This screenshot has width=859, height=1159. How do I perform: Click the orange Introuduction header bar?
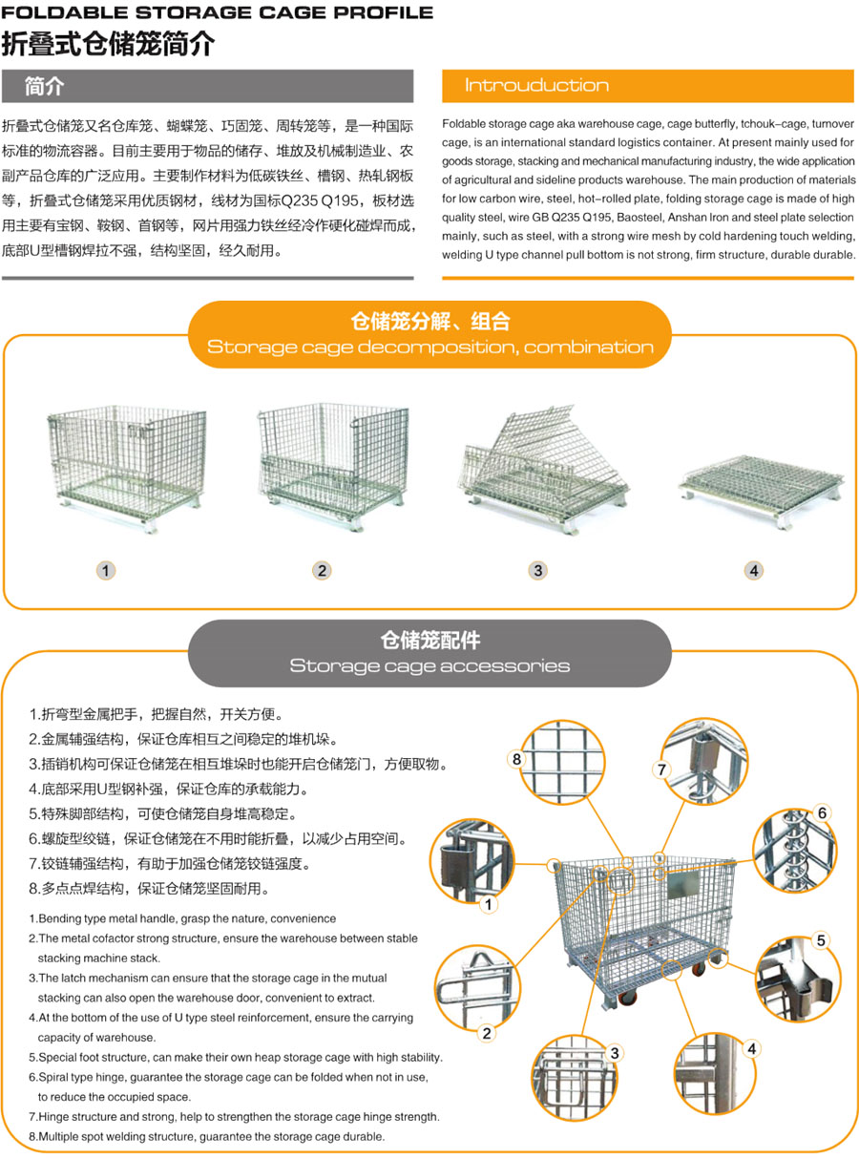pyautogui.click(x=647, y=86)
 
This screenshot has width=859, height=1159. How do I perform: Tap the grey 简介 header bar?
pyautogui.click(x=207, y=86)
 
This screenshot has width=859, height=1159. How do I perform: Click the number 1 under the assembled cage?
pyautogui.click(x=106, y=570)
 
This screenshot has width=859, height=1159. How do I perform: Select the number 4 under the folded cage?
pyautogui.click(x=753, y=570)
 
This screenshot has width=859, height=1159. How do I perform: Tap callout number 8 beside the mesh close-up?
pyautogui.click(x=516, y=759)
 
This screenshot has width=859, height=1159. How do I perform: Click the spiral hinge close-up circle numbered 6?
pyautogui.click(x=795, y=850)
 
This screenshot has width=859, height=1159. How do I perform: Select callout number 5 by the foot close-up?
pyautogui.click(x=821, y=940)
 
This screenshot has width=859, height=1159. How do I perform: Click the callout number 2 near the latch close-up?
pyautogui.click(x=487, y=1033)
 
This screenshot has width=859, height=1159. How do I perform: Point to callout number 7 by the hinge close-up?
pyautogui.click(x=661, y=769)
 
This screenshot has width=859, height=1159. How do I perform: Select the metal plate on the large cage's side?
pyautogui.click(x=682, y=884)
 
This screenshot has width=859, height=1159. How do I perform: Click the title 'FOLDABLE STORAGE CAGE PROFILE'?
pyautogui.click(x=218, y=12)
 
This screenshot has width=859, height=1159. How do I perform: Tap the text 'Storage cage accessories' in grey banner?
pyautogui.click(x=429, y=665)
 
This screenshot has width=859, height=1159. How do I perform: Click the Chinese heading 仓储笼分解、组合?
pyautogui.click(x=430, y=321)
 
